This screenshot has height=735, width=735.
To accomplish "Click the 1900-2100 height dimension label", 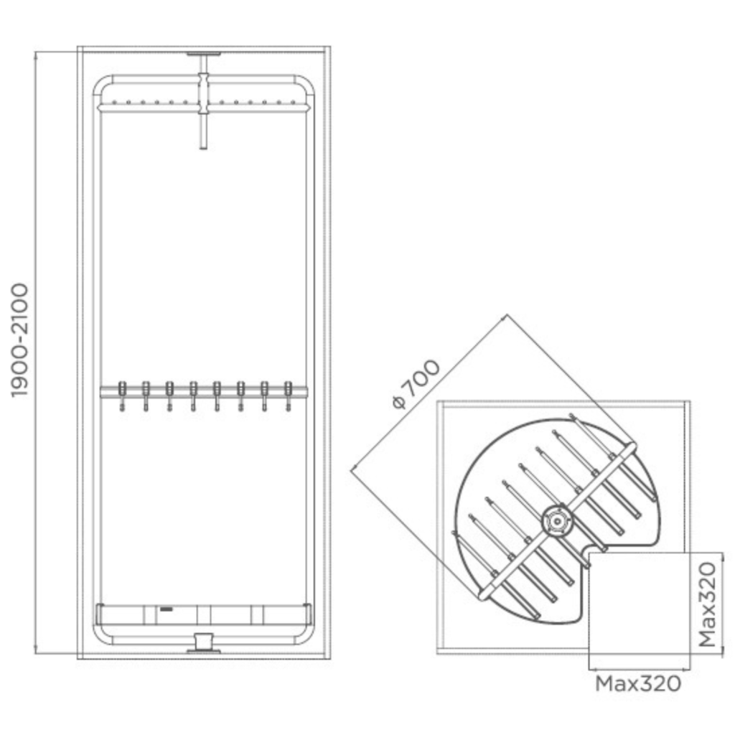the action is click(x=19, y=340).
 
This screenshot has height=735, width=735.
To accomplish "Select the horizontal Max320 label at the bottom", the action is click(x=638, y=684).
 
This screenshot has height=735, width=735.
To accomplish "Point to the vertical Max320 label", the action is click(x=708, y=604).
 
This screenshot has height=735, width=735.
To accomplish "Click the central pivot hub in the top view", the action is click(x=557, y=521).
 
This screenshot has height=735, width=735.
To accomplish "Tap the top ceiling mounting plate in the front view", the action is click(x=203, y=55).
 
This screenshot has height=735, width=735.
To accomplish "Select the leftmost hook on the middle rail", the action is click(x=122, y=396).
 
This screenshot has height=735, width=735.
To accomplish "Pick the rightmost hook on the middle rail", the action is click(x=289, y=396).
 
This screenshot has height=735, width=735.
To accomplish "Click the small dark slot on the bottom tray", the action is click(x=167, y=609).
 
